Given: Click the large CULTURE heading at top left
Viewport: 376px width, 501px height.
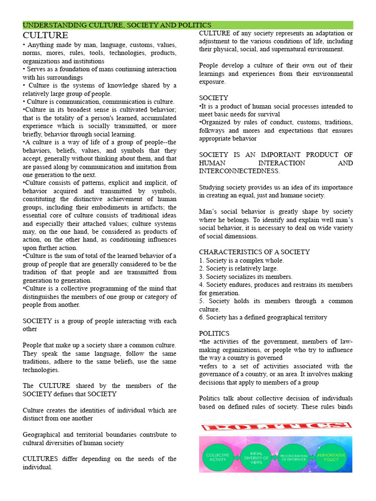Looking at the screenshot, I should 46,35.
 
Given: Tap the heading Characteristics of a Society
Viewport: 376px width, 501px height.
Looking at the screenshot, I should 254,252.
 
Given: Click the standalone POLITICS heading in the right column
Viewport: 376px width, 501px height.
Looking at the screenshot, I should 215,333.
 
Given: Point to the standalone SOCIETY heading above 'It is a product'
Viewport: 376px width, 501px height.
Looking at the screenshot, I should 213,98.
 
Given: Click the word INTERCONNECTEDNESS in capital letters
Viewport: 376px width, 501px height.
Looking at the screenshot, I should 239,171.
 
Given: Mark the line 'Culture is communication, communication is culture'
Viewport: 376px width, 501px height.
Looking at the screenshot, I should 98,102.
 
